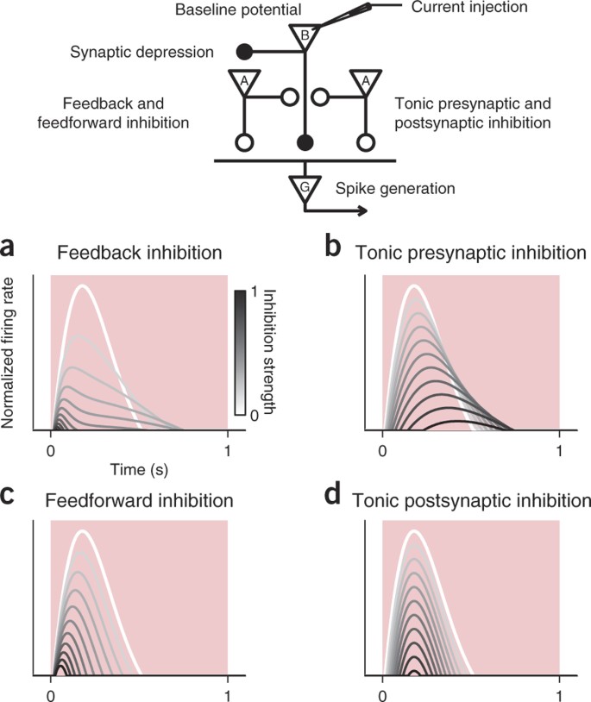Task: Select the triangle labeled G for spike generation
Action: pyautogui.click(x=304, y=186)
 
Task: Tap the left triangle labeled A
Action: pyautogui.click(x=243, y=80)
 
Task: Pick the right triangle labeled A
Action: pyautogui.click(x=366, y=80)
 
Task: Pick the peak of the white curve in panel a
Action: pyautogui.click(x=82, y=285)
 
